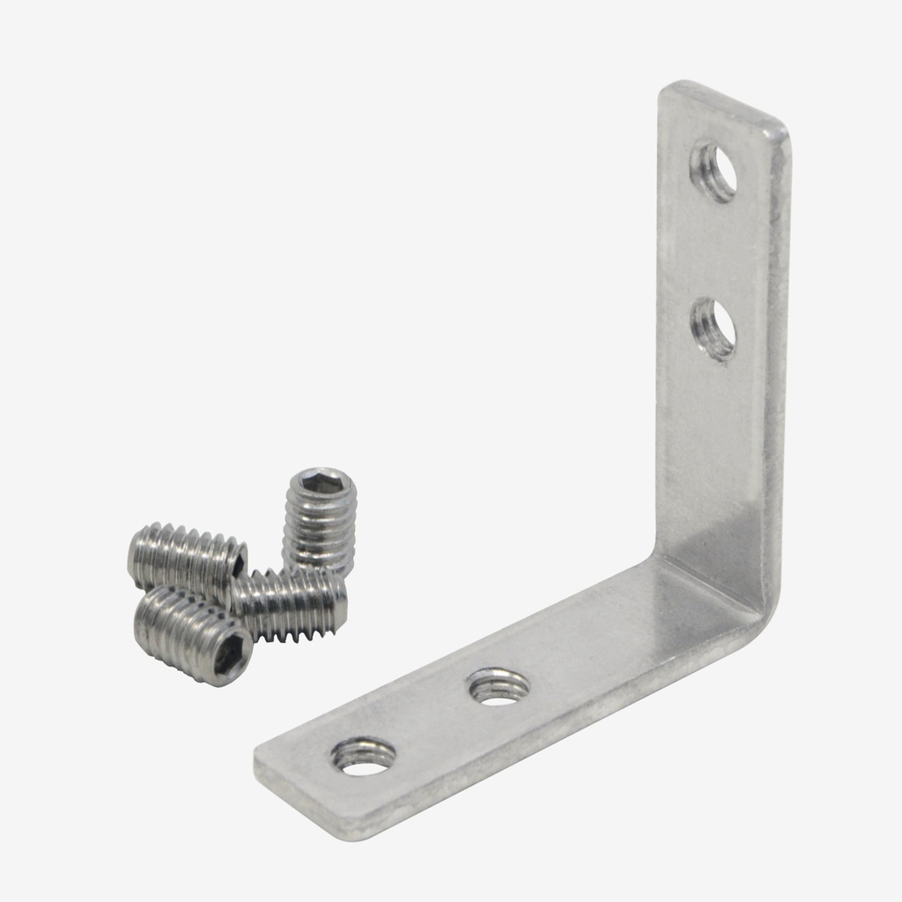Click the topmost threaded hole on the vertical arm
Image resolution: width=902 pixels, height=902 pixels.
[x=713, y=170]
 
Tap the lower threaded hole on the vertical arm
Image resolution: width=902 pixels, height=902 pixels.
[x=713, y=329]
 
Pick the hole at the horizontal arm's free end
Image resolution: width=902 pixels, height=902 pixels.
[x=363, y=756]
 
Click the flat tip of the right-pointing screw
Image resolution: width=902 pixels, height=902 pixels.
[x=340, y=603]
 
